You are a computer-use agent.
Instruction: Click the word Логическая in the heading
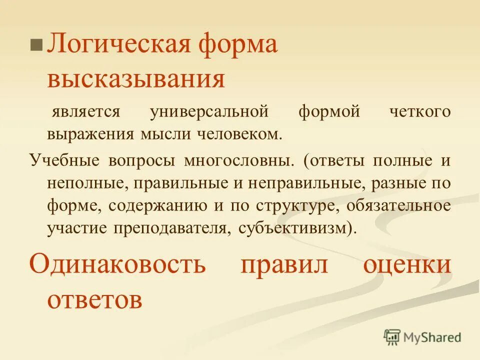[x=117, y=45]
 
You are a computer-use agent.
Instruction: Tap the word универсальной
[x=209, y=111]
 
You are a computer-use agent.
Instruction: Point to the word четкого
[x=419, y=111]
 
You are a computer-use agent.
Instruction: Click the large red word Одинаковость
[x=117, y=263]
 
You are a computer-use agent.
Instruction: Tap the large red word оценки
[x=406, y=263]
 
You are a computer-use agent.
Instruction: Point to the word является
[x=86, y=111]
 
